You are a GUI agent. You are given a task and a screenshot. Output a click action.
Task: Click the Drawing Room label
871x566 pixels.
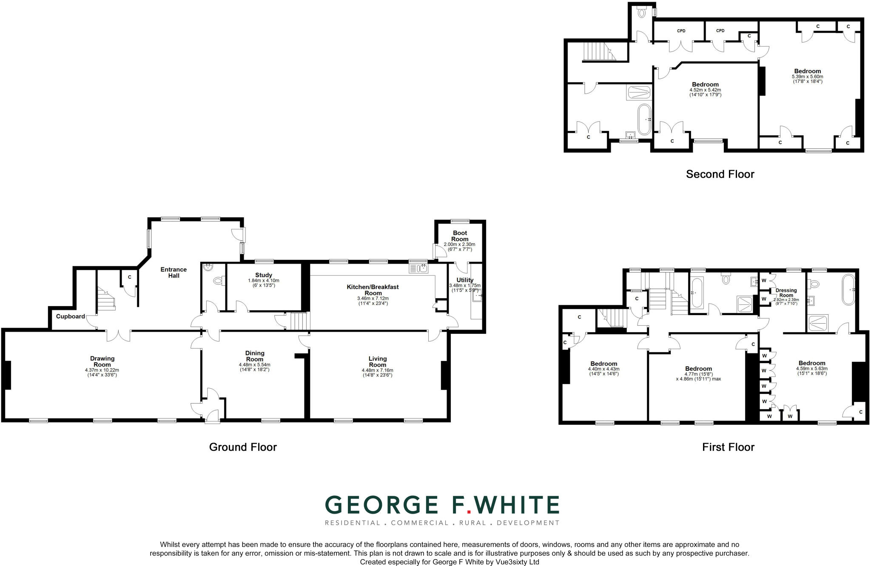click(102, 361)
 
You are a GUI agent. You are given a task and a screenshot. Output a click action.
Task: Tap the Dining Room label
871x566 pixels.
click(255, 356)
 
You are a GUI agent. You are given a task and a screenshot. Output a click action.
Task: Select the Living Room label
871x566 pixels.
click(377, 361)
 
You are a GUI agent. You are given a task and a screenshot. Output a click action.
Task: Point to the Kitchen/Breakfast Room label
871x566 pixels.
click(373, 290)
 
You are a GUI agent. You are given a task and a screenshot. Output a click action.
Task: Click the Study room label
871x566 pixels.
click(264, 275)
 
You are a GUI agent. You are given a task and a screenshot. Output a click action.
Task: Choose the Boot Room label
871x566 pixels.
click(460, 236)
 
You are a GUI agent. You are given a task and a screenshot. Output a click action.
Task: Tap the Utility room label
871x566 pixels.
click(465, 280)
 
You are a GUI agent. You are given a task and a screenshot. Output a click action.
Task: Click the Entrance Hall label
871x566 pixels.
click(174, 272)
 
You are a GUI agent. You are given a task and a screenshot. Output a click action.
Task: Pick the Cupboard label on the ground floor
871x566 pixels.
click(71, 316)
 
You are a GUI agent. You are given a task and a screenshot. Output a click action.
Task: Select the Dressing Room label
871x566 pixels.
click(786, 293)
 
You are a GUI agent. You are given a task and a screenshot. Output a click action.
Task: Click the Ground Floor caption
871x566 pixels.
click(243, 447)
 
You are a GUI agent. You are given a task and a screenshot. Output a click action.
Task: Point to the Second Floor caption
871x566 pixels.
click(720, 174)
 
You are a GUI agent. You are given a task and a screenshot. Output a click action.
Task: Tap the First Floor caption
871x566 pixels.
click(728, 447)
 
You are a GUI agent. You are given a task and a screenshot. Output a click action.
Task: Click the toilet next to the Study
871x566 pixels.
click(218, 281)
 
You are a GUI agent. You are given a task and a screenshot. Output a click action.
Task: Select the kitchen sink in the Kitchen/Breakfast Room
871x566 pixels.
click(419, 268)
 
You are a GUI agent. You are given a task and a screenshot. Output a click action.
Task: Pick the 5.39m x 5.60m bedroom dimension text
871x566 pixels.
click(807, 77)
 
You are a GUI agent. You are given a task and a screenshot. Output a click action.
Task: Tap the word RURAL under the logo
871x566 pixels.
click(472, 523)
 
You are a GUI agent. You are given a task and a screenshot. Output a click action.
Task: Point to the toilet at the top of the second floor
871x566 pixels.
click(642, 13)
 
